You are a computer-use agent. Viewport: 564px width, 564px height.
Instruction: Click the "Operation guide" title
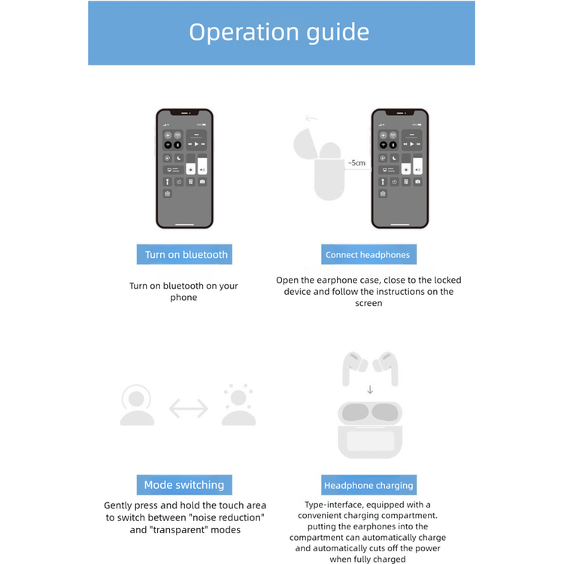279,32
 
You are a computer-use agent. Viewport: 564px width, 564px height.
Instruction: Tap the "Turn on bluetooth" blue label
186,255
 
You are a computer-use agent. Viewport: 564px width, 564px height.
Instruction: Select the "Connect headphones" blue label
368,255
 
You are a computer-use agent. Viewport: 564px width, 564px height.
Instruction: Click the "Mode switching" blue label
184,485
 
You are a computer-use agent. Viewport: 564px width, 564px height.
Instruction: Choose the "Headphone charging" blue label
368,486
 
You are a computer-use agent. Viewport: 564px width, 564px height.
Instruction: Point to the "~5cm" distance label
356,162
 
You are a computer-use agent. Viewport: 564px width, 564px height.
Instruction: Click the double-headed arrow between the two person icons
188,408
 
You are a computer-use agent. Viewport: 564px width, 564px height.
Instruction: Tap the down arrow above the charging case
369,390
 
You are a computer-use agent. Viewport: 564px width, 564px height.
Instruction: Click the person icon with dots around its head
238,405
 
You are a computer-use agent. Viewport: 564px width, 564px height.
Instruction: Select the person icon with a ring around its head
137,405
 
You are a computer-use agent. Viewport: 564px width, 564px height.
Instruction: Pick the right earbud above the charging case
387,368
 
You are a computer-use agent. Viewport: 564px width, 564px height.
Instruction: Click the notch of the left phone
184,113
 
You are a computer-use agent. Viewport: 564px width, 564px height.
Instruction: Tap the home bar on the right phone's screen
400,223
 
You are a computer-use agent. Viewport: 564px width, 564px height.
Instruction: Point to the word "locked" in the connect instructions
446,280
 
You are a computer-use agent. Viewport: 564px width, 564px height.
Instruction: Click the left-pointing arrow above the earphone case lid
311,118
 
